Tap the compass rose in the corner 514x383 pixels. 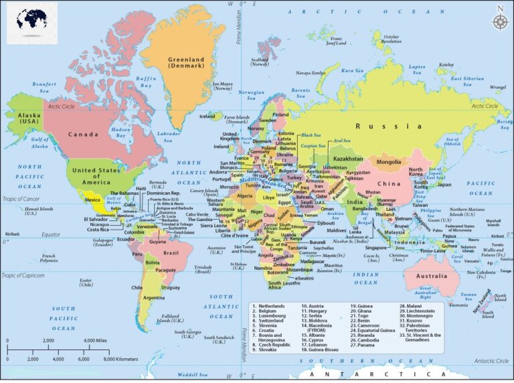click(499, 20)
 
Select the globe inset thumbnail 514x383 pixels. click(32, 23)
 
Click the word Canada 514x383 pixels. click(84, 135)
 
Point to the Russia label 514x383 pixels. click(388, 126)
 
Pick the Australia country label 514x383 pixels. click(431, 276)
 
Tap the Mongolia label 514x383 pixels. click(389, 162)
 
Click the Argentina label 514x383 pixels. click(153, 297)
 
